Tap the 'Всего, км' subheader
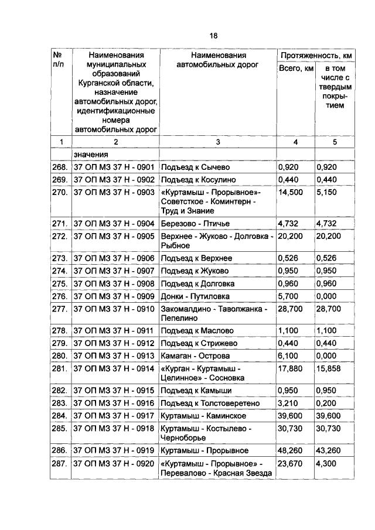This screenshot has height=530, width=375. click(x=295, y=70)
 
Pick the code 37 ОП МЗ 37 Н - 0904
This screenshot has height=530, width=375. click(x=114, y=223)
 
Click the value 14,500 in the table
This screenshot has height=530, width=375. click(x=291, y=192)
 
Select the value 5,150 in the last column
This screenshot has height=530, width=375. click(x=326, y=192)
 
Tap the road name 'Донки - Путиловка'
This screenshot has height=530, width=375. click(x=195, y=296)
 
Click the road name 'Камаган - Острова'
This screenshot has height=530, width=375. click(x=195, y=355)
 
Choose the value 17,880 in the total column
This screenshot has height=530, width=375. click(x=291, y=368)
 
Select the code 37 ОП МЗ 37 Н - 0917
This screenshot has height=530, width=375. click(x=114, y=416)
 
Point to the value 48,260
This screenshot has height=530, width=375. click(x=291, y=450)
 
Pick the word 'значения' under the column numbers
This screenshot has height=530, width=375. click(x=91, y=154)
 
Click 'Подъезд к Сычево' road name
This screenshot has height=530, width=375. click(x=195, y=167)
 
